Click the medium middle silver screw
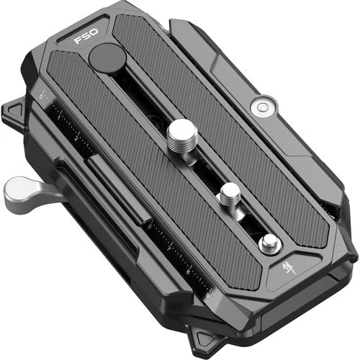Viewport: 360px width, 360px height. [x=230, y=192]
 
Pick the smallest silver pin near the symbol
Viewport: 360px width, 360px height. [x=269, y=243]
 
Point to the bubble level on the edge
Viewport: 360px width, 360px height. [x=259, y=107]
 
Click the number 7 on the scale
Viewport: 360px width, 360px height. [x=171, y=248]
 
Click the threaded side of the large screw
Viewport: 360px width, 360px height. [x=180, y=148]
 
